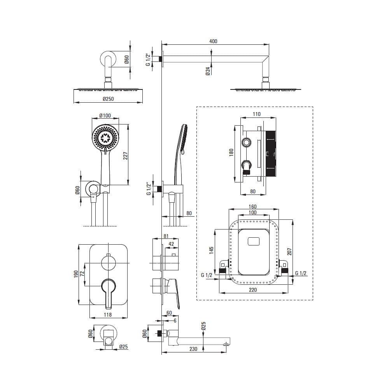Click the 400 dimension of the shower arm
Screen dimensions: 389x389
213,41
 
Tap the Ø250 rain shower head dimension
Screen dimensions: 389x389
108,99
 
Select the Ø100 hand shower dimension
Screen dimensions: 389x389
105,116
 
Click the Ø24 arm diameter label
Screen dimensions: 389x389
208,71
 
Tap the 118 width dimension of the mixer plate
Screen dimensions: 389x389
108,315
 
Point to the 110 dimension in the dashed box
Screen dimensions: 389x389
256,114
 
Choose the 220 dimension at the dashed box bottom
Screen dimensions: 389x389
253,290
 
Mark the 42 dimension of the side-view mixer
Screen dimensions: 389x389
171,244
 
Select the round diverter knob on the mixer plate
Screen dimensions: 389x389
108,263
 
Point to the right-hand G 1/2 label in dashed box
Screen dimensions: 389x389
301,273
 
